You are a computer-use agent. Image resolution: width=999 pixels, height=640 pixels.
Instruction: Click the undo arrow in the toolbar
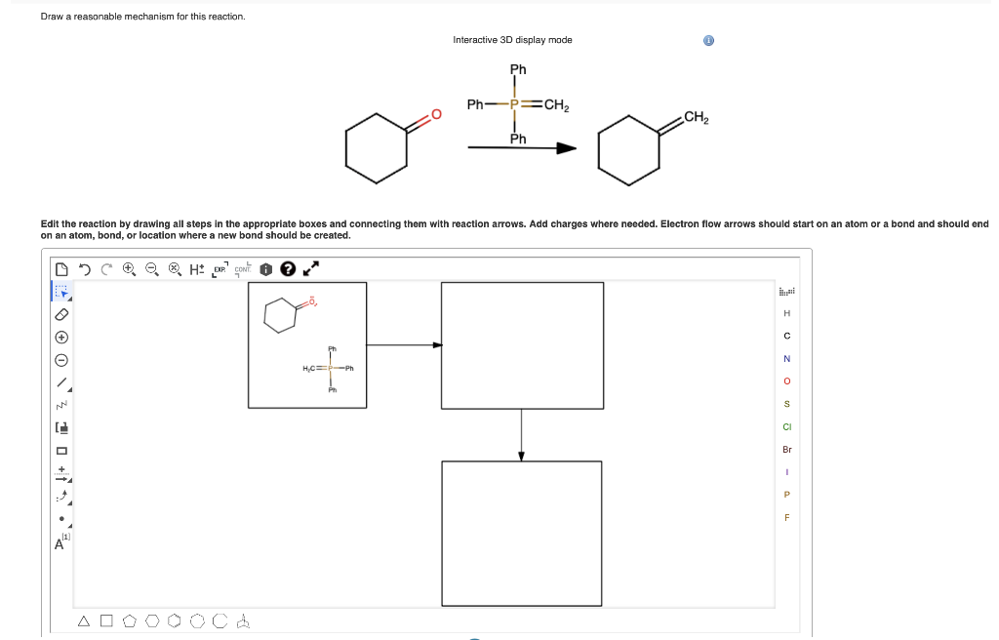pos(86,268)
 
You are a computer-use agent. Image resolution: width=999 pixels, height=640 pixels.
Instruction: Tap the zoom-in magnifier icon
pos(129,268)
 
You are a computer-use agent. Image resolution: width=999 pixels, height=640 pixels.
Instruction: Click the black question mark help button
pos(289,268)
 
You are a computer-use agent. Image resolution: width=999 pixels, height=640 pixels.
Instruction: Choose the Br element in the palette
pos(787,450)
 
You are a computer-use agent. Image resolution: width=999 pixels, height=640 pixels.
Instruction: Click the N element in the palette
pos(787,358)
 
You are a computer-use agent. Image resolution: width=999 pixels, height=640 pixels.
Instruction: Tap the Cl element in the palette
pos(787,426)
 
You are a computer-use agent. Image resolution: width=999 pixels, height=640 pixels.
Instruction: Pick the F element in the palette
pos(787,517)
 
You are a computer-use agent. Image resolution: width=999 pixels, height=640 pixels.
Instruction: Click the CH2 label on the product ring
pos(696,119)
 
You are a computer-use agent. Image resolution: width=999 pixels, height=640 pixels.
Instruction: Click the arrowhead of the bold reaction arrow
pos(566,148)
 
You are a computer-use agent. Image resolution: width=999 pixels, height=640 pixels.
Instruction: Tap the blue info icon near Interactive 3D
pos(708,41)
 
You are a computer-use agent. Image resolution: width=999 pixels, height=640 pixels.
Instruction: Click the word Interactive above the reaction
pos(477,40)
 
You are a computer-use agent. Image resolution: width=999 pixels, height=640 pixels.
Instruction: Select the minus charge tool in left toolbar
pos(60,359)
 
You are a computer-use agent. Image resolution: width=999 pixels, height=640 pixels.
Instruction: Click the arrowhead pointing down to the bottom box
pos(522,455)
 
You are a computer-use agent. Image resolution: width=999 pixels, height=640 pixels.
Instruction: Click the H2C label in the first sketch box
pos(313,368)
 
